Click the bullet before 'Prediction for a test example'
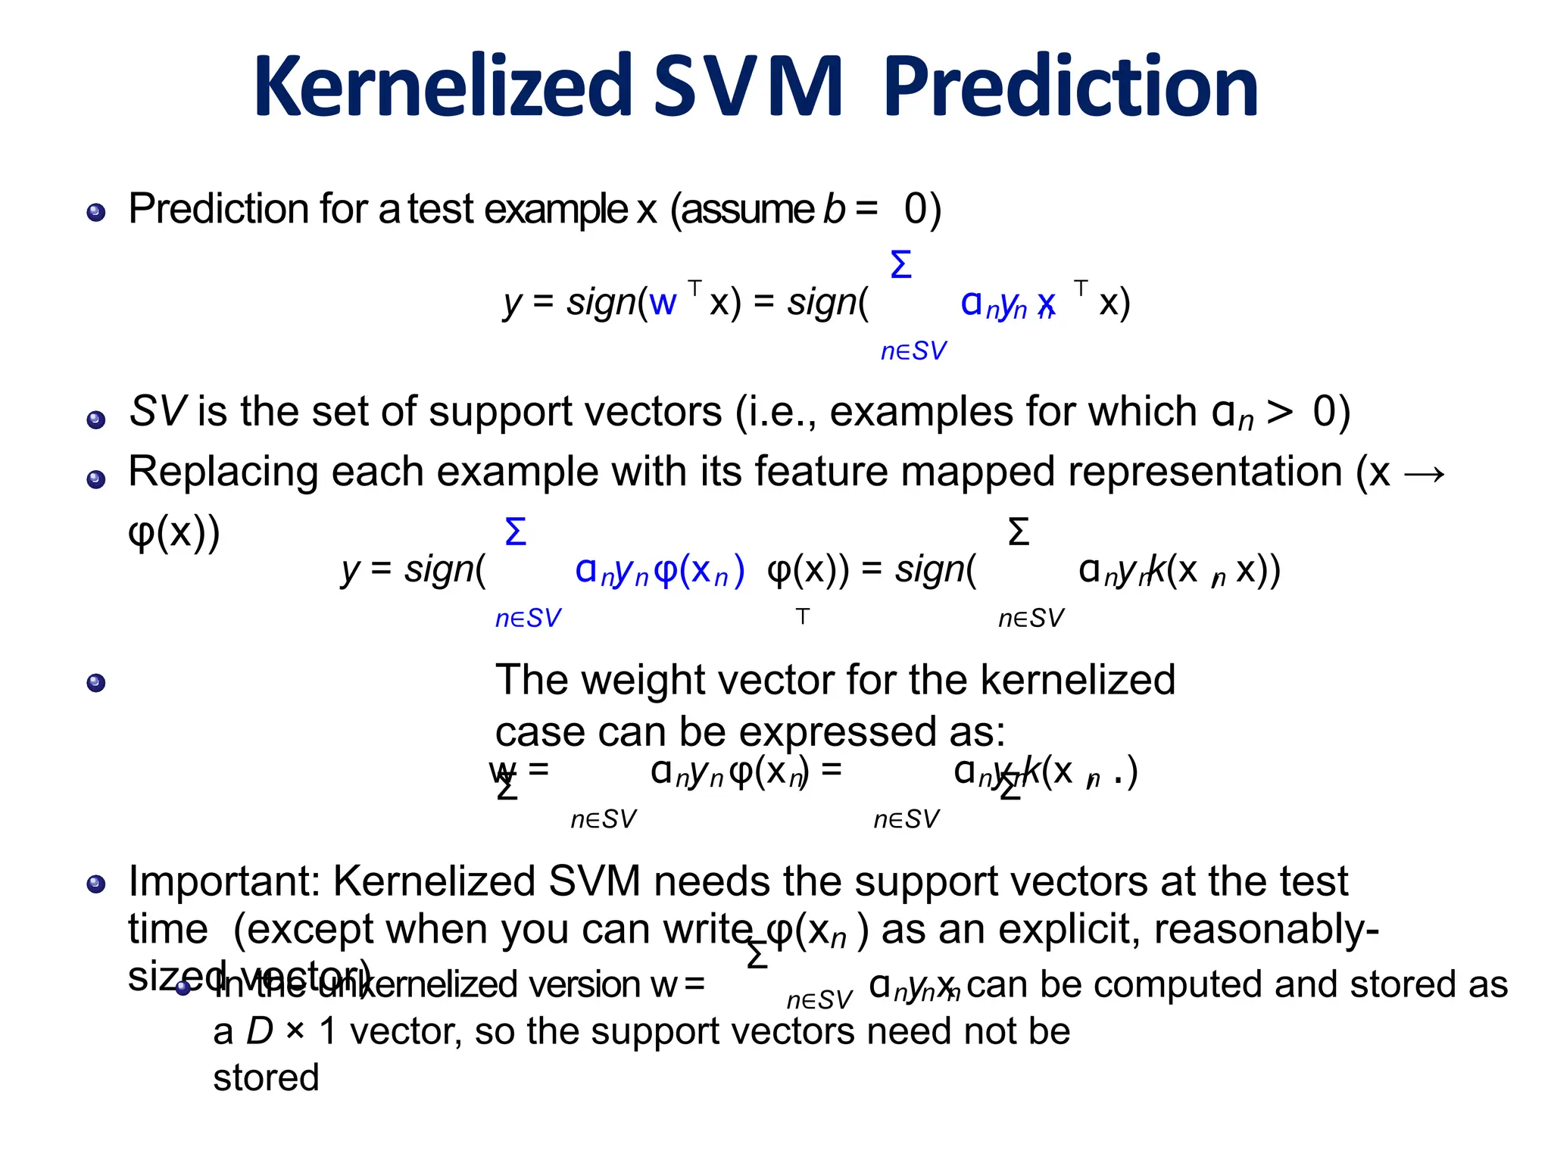pyautogui.click(x=96, y=212)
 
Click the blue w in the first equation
pyautogui.click(x=662, y=303)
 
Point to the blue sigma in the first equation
pyautogui.click(x=900, y=266)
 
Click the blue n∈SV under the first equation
pyautogui.click(x=913, y=351)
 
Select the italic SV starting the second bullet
pyautogui.click(x=158, y=412)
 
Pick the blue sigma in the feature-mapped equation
pyautogui.click(x=515, y=532)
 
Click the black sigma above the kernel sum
pyautogui.click(x=1019, y=532)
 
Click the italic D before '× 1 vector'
pyautogui.click(x=260, y=1031)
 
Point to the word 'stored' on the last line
pyautogui.click(x=266, y=1077)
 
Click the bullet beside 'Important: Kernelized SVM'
pyautogui.click(x=96, y=884)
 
